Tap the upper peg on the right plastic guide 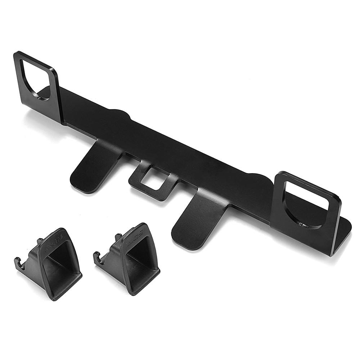[x=118, y=236]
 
